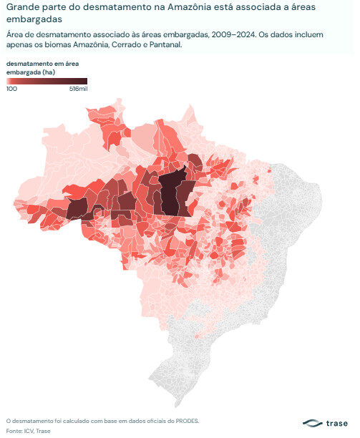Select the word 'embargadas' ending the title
click(34, 19)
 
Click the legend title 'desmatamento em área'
click(42, 64)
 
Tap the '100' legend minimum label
click(12, 89)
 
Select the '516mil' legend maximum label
click(78, 89)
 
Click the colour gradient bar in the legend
click(47, 82)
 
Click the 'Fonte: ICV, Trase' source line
click(28, 431)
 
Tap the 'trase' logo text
click(336, 423)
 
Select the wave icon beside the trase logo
click(312, 423)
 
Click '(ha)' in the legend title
click(49, 72)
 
